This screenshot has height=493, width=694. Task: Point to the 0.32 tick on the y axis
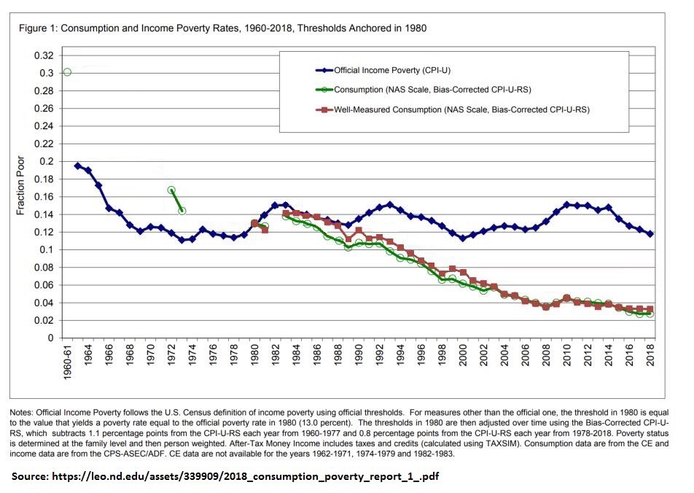44,55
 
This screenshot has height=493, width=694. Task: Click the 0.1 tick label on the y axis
47,249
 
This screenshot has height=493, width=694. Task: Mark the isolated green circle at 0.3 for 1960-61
67,72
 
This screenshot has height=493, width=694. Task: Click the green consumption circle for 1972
171,190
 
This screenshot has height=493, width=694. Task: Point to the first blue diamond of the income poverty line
78,166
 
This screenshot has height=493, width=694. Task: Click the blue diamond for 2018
650,234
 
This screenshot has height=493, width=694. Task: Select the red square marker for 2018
650,309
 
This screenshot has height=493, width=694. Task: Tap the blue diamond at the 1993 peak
390,204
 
